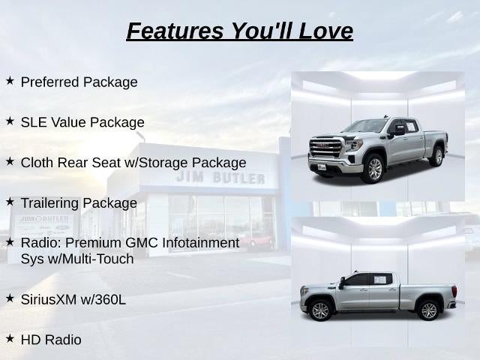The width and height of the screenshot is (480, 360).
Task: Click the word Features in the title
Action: click(175, 31)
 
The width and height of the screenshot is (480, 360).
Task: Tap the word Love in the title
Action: click(325, 31)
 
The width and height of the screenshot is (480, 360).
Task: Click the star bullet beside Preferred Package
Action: click(10, 81)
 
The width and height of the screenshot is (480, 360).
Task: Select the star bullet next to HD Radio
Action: click(10, 338)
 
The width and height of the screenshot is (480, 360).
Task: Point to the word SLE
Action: click(34, 122)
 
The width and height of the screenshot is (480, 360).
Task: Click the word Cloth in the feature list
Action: click(37, 163)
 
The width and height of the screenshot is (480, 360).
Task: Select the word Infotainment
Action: click(200, 243)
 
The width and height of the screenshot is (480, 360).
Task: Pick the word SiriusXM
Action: click(49, 299)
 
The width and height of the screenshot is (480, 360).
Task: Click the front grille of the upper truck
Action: click(325, 148)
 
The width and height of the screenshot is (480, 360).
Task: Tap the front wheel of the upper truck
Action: click(373, 169)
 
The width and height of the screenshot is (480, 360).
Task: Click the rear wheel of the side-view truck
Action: click(429, 310)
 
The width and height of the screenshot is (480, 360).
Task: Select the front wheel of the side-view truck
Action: click(320, 310)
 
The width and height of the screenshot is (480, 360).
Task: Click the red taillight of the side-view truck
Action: click(455, 291)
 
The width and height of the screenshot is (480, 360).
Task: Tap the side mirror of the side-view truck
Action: click(342, 283)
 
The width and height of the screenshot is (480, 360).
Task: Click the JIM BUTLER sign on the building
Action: click(220, 178)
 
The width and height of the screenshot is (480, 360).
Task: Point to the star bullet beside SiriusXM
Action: click(10, 298)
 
